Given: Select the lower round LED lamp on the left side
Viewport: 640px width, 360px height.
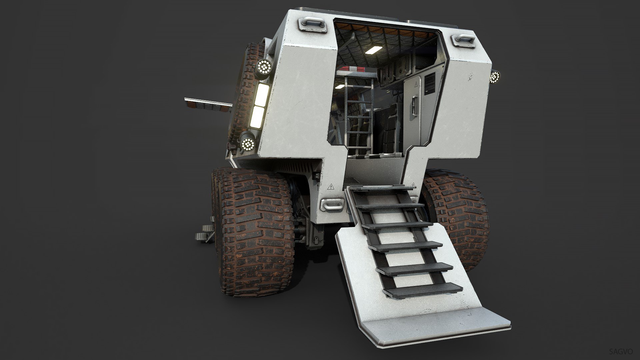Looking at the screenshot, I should pos(248,144).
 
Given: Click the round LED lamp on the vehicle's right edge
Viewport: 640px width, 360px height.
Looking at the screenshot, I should pos(495,77).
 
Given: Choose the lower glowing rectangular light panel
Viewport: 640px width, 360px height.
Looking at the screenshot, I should pos(257,117).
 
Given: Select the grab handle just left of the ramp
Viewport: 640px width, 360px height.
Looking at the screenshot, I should pos(332,204).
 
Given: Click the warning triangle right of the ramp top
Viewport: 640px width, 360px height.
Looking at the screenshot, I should pos(414,184).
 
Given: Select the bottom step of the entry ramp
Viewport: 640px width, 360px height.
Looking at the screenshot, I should pos(422,289).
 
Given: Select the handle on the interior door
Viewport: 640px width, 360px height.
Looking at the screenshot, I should pos(414,106).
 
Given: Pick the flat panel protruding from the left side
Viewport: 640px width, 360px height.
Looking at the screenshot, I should pos(208,103).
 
